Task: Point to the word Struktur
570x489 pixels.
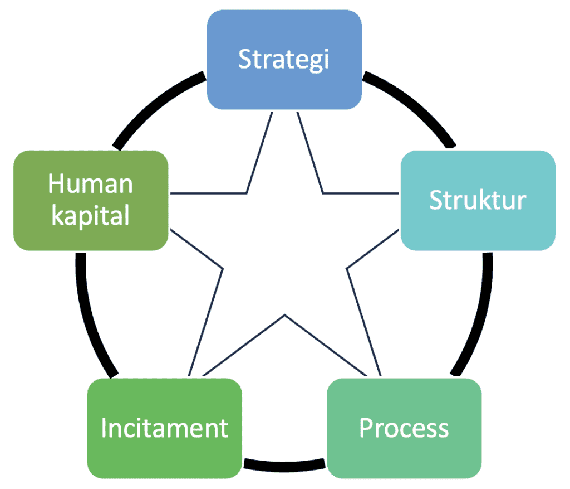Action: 478,200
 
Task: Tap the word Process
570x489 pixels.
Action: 404,428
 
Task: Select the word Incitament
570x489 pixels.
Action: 165,428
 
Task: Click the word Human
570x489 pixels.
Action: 90,183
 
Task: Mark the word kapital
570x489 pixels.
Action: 90,215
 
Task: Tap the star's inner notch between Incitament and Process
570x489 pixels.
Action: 285,316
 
